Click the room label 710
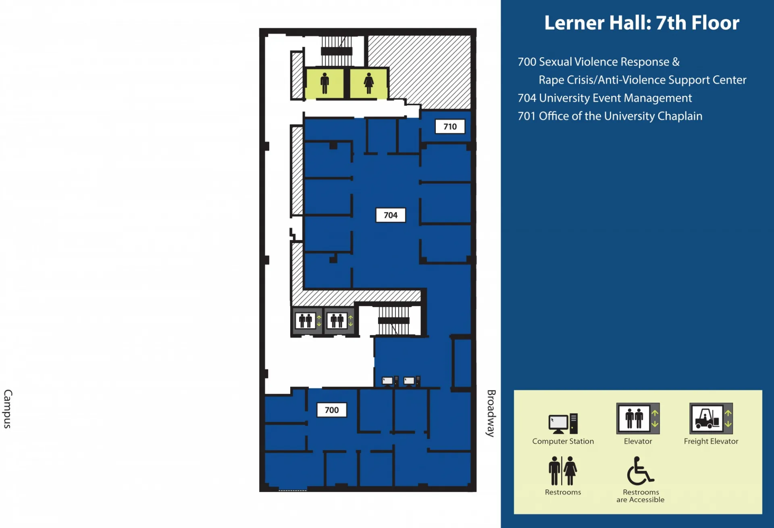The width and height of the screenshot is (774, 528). click(450, 127)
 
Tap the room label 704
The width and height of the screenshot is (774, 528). click(390, 215)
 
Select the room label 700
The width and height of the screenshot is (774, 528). click(331, 410)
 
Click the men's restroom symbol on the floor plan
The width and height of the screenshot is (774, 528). click(325, 83)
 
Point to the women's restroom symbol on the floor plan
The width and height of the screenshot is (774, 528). click(368, 83)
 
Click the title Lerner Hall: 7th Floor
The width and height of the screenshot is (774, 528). click(642, 23)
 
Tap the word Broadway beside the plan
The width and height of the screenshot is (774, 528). click(491, 413)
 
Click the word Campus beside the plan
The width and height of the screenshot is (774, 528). click(8, 409)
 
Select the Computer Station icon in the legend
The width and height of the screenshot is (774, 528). click(563, 424)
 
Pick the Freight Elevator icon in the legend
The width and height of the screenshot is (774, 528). click(711, 418)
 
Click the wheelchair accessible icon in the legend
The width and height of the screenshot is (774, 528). click(640, 471)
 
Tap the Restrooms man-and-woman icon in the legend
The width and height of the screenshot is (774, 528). click(563, 471)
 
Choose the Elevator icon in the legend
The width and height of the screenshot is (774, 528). click(638, 418)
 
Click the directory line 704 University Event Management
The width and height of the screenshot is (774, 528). click(605, 98)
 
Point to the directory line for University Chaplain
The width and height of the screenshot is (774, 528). click(610, 116)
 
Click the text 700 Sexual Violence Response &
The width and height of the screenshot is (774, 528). click(599, 62)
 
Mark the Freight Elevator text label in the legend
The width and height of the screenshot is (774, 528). click(711, 441)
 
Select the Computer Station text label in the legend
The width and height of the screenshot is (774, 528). click(563, 441)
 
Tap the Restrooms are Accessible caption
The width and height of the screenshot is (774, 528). click(640, 496)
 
